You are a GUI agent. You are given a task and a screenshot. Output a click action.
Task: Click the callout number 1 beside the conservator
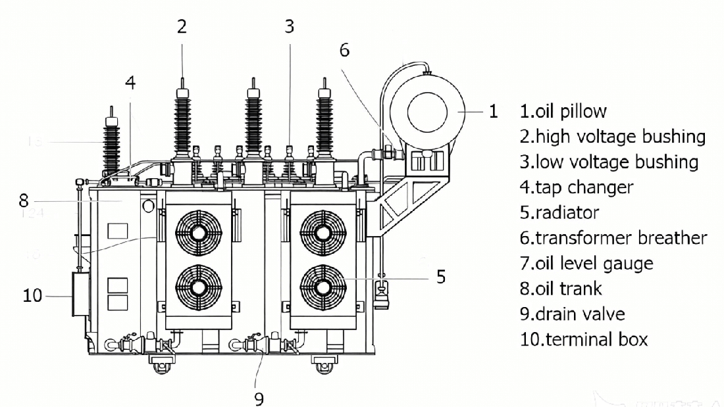[494, 111]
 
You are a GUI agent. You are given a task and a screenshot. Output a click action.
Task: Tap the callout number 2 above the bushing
[182, 27]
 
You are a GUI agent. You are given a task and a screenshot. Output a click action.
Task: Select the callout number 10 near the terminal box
[32, 295]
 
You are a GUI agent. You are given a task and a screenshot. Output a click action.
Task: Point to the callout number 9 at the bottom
[259, 398]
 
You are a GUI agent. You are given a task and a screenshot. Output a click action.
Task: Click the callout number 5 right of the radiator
[441, 276]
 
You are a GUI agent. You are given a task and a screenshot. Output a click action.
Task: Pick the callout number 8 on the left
[23, 199]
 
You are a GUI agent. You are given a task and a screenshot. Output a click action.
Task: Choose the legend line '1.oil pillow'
[563, 111]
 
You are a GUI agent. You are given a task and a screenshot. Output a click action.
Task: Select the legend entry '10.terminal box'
[584, 339]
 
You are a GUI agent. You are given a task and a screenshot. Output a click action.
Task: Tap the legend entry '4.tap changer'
[577, 187]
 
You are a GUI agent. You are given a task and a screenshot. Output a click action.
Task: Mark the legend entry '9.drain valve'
[572, 314]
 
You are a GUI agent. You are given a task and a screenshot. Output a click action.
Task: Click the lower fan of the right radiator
[322, 287]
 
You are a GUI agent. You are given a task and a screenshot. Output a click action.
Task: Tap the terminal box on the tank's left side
[80, 296]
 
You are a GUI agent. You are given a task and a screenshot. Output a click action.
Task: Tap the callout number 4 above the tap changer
[130, 83]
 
